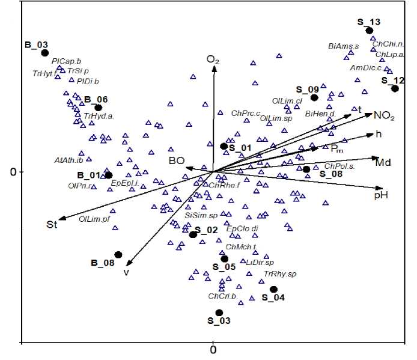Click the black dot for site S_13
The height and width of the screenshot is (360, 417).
coord(370,31)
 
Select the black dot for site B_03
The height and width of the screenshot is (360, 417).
coord(44,53)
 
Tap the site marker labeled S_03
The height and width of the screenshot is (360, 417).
coord(219,313)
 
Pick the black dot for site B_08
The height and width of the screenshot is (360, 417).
coord(118,255)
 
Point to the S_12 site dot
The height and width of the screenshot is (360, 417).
coord(395,89)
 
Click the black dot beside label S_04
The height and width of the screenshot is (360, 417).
coord(273,289)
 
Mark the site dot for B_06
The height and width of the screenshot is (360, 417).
coord(99,108)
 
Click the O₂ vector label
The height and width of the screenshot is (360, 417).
coord(213,59)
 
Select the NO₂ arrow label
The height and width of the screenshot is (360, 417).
coord(384,115)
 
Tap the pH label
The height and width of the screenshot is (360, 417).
coord(381,195)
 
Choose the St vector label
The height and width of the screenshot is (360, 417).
coord(52,225)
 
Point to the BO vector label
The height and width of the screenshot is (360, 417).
coord(176,160)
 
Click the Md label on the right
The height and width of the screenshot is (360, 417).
coord(383,162)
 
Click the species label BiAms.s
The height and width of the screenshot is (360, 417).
coord(343,46)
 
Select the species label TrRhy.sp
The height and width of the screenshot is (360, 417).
coord(281,274)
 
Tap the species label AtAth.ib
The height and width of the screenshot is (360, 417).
coord(68,160)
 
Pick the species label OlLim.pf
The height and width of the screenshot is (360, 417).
coord(94,219)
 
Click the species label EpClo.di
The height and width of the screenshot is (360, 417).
coord(242,228)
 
